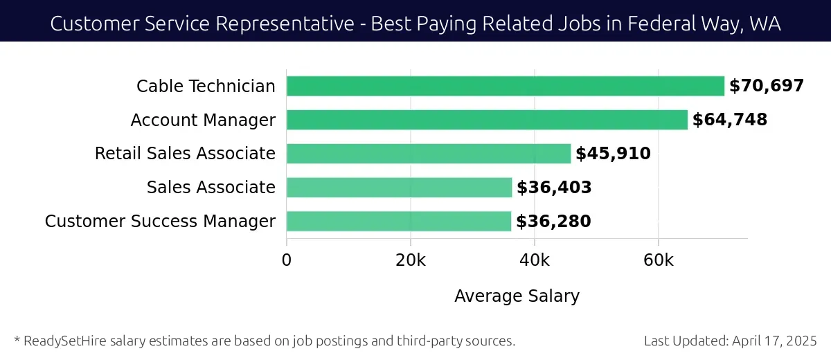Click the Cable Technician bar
pos(505,87)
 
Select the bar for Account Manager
pos(487,120)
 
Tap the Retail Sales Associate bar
pos(428,154)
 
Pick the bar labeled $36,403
pos(399,188)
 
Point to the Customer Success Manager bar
pos(398,222)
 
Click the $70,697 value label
pos(766,87)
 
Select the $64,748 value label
pos(730,120)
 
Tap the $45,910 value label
pos(613,154)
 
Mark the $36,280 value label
pos(553,222)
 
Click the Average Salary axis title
pos(517,296)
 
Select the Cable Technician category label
pos(206,87)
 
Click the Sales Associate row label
pos(211,188)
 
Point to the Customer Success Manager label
pos(160,222)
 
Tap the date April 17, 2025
pos(778,341)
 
